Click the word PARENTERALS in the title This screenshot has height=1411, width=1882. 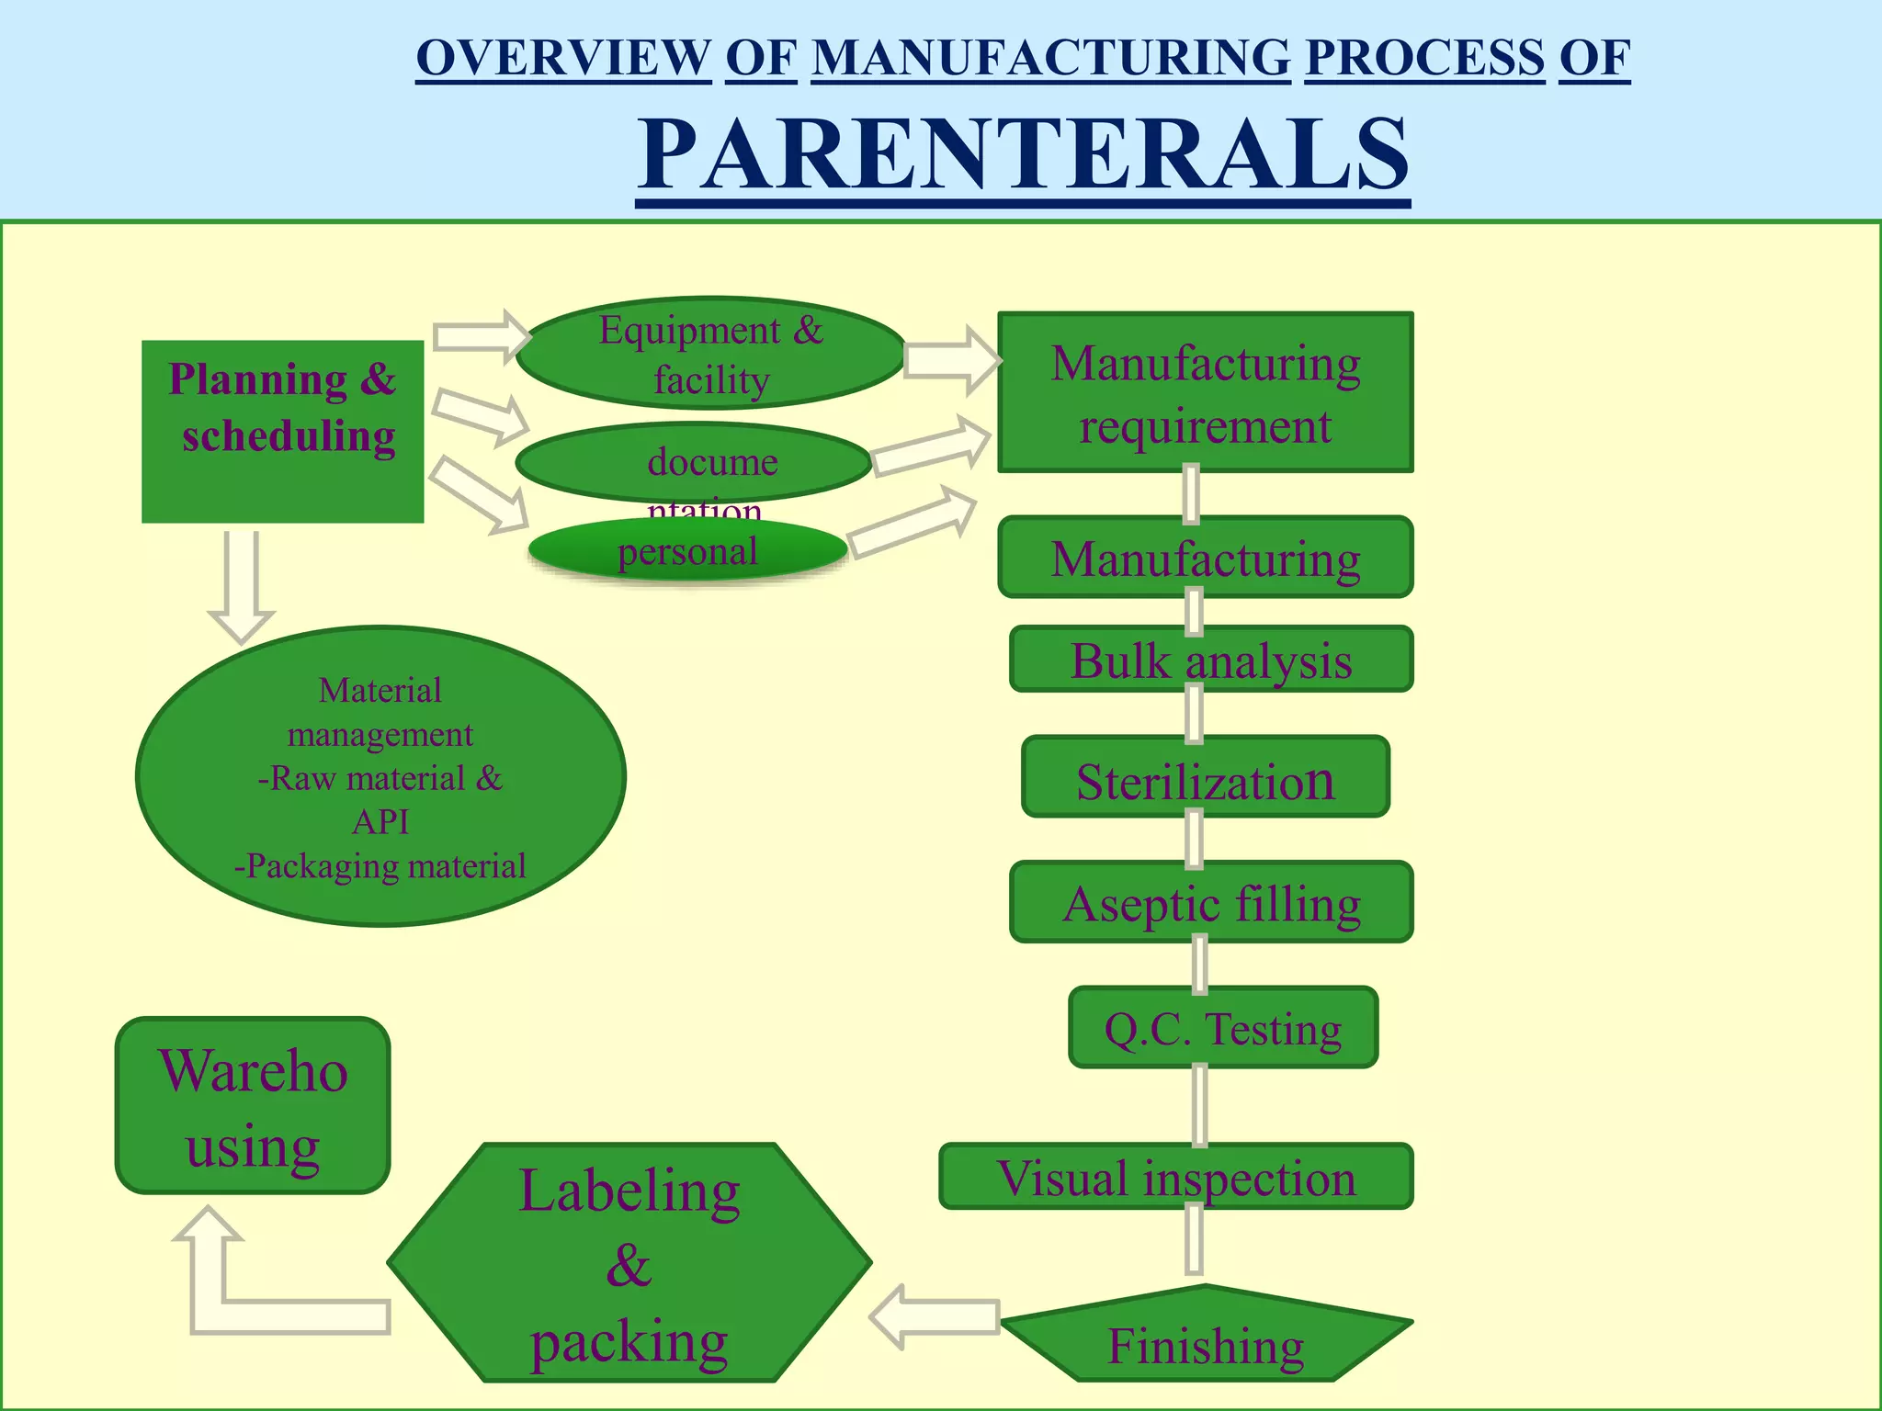click(1023, 154)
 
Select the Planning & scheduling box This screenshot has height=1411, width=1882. click(282, 432)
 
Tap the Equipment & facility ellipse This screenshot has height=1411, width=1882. click(710, 354)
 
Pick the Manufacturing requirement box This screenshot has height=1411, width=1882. click(1205, 393)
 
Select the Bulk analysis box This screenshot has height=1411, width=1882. click(1210, 660)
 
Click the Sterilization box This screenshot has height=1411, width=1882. click(1205, 777)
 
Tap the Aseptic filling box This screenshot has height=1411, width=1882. click(1210, 902)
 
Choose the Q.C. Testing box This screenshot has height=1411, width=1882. click(1222, 1028)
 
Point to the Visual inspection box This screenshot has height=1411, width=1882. click(1175, 1177)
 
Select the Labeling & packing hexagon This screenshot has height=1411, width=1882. click(629, 1263)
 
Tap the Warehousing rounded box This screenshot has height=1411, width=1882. click(253, 1106)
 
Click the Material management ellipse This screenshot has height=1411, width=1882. click(380, 777)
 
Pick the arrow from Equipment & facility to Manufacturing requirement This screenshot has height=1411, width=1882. click(951, 361)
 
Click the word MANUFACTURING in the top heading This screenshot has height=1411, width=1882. click(1050, 58)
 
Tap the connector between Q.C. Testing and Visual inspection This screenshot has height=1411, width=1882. click(1199, 1106)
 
